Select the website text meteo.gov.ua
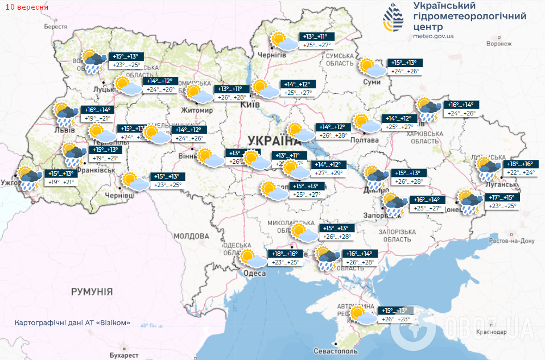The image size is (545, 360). point(434,36)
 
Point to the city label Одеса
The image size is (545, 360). point(254,274)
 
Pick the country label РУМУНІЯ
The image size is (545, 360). point(92,292)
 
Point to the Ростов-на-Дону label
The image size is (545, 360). point(511,241)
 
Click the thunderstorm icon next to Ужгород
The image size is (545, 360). point(27,178)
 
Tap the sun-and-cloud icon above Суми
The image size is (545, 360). point(373,68)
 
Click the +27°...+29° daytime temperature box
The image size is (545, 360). point(329,172)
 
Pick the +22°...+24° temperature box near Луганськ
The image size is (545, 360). point(520,172)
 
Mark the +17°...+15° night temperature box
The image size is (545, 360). point(501,197)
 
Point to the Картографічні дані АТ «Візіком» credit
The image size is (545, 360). point(73,322)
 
